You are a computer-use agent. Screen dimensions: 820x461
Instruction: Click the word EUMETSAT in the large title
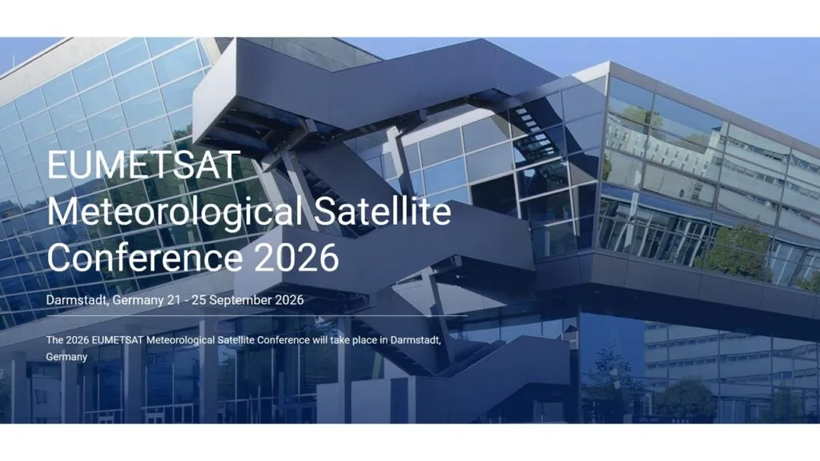coord(143,165)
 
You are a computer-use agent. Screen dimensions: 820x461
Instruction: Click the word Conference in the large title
coord(145,257)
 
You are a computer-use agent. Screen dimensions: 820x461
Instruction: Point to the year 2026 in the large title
coord(297,257)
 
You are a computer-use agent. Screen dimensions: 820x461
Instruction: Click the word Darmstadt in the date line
coord(78,300)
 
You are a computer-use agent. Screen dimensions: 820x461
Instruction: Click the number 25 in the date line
coord(199,300)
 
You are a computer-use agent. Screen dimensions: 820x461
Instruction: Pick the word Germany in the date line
coord(138,301)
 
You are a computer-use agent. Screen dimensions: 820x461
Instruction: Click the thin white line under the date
coord(257,316)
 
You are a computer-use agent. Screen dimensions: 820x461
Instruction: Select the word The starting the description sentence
coord(54,339)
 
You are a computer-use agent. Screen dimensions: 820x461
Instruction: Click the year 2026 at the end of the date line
coord(290,300)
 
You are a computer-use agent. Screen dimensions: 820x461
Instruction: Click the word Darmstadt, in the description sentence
coord(416,340)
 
